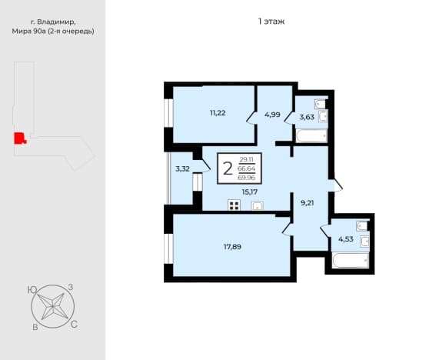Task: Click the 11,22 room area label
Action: click(x=218, y=113)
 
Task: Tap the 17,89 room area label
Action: click(x=232, y=247)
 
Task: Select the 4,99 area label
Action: click(x=272, y=115)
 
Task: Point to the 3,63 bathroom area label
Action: click(x=307, y=117)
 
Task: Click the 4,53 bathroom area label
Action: click(x=346, y=239)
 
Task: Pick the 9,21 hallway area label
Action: click(x=307, y=203)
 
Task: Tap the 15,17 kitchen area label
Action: click(x=250, y=192)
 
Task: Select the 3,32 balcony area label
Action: click(x=182, y=169)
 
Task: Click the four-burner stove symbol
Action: click(x=234, y=205)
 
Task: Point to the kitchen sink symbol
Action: click(x=258, y=205)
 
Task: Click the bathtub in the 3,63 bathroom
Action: click(x=311, y=135)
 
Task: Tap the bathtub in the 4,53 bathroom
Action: click(x=351, y=260)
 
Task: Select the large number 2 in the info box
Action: click(x=228, y=168)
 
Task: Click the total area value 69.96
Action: click(x=246, y=178)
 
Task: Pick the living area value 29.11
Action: click(x=246, y=160)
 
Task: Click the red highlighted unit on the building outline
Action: click(x=19, y=138)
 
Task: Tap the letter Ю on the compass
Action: click(x=32, y=290)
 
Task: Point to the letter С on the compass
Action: click(x=74, y=325)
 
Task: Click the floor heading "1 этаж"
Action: click(x=271, y=22)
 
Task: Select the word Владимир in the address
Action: click(x=56, y=22)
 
